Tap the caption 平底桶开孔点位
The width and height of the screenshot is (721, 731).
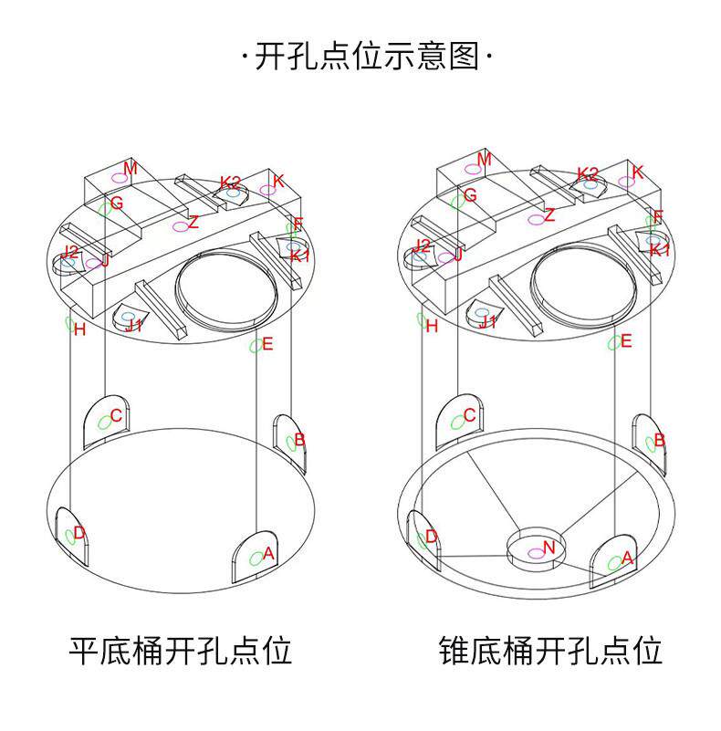tap(181, 651)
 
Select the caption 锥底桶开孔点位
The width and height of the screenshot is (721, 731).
tap(549, 651)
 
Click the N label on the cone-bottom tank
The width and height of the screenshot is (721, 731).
tap(549, 548)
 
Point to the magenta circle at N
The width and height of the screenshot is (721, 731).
tap(536, 553)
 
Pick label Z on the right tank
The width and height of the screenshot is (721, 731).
tap(549, 215)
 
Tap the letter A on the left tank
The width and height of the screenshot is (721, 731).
tap(268, 552)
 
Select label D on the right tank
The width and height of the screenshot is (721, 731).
tap(432, 537)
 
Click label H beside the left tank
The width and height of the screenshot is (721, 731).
tap(79, 329)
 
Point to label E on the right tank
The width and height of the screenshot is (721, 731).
tap(627, 341)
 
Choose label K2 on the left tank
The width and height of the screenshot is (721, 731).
tap(230, 182)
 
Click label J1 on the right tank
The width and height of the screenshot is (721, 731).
tap(488, 322)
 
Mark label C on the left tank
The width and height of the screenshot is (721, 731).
tap(115, 416)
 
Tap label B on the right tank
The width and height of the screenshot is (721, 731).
tap(660, 440)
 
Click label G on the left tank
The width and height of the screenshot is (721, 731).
tap(117, 203)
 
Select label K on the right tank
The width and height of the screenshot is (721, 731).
tap(638, 172)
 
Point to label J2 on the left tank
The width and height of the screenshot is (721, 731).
tap(70, 251)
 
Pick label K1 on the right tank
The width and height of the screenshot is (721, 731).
tap(660, 249)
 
